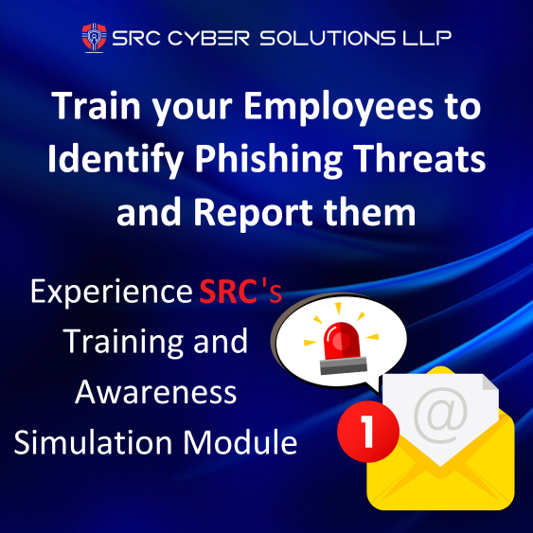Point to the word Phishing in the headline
pyautogui.click(x=273, y=158)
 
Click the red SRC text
pyautogui.click(x=228, y=292)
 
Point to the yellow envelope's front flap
pyautogui.click(x=445, y=478)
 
